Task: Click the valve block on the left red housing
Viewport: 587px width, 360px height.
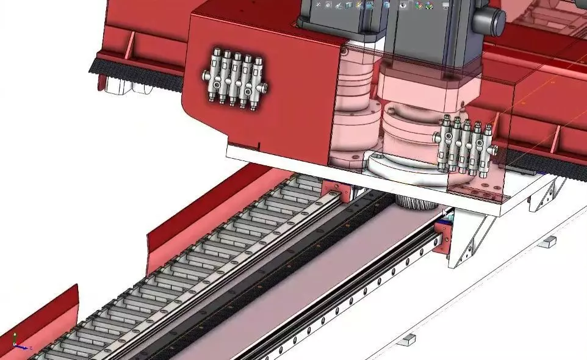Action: click(x=233, y=78)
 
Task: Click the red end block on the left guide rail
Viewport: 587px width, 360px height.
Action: click(x=334, y=191)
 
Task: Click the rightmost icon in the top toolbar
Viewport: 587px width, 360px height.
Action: click(x=446, y=5)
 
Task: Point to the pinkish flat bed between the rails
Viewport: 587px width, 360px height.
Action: click(x=330, y=268)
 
